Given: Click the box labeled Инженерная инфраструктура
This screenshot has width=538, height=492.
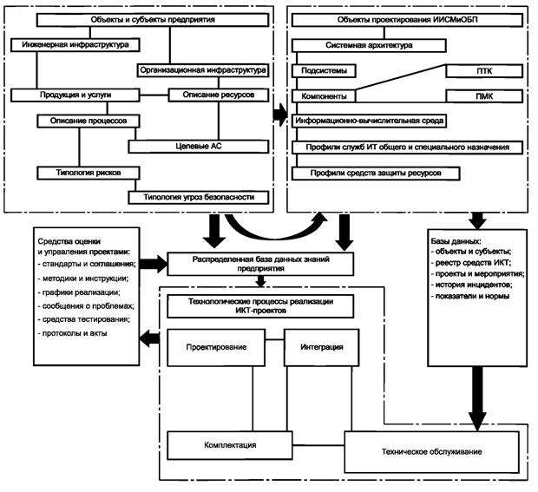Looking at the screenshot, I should click(x=69, y=43).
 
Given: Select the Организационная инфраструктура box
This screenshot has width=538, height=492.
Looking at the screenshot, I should click(x=200, y=69).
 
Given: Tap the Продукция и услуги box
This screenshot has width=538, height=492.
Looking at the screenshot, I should click(x=74, y=94).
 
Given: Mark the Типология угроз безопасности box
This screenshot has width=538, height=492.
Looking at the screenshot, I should click(x=199, y=198).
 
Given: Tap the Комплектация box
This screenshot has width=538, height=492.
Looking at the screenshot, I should click(x=229, y=446).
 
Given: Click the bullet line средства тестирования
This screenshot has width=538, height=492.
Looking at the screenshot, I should click(x=86, y=318).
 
